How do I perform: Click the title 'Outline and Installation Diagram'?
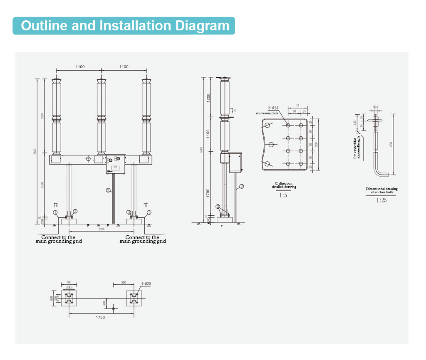125,26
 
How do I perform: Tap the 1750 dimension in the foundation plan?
100,317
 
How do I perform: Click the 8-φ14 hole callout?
272,108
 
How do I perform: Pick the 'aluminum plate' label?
267,113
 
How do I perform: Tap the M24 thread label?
375,107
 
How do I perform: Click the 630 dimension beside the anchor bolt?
391,144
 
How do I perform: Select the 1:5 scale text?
283,195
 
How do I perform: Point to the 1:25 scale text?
381,200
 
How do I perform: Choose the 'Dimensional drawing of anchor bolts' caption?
381,190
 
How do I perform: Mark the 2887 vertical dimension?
42,116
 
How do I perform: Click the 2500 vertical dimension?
42,185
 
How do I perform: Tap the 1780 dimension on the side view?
208,192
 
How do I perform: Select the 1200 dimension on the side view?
208,98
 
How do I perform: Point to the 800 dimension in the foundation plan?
124,283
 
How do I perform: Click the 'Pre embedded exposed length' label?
357,148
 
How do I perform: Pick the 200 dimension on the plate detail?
316,144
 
